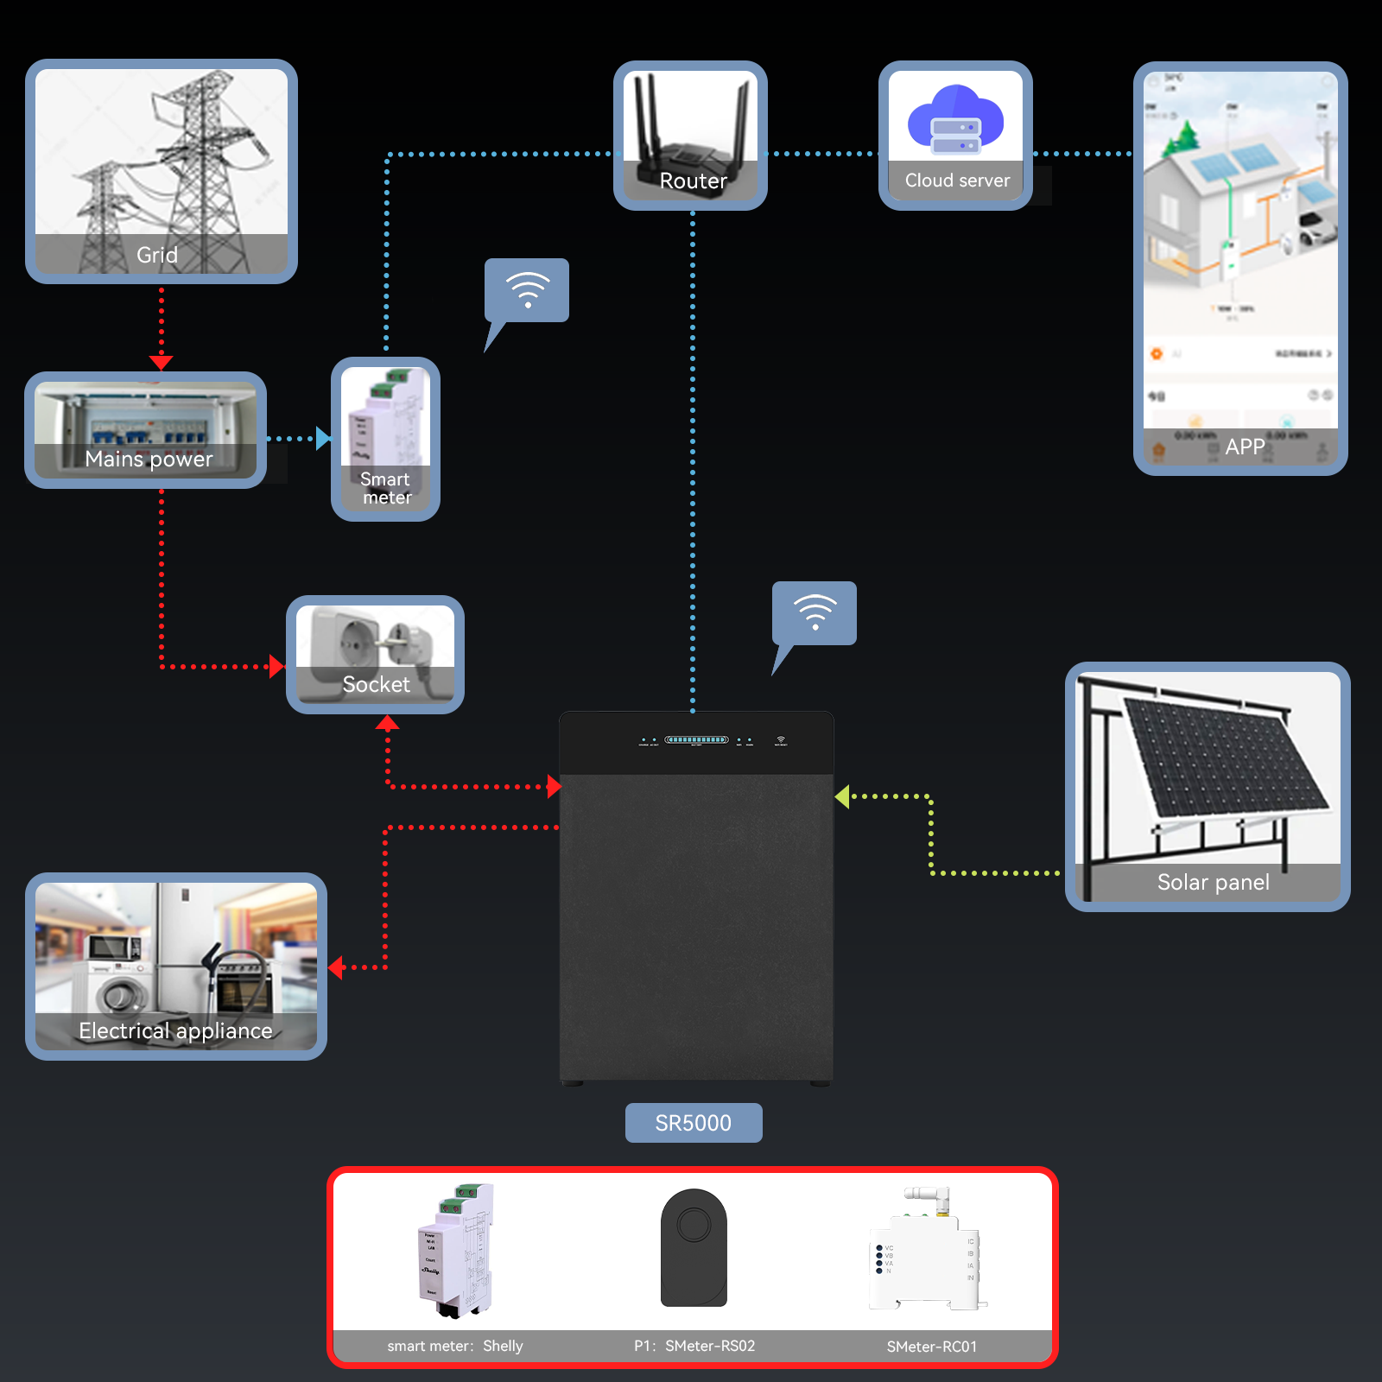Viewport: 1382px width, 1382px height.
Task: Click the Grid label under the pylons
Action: pyautogui.click(x=157, y=255)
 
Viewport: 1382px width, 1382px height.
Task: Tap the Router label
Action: pyautogui.click(x=693, y=181)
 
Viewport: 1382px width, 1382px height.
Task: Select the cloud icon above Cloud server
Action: pyautogui.click(x=955, y=120)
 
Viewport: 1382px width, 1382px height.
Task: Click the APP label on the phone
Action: pyautogui.click(x=1245, y=447)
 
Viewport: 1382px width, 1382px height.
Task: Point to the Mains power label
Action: pyautogui.click(x=149, y=459)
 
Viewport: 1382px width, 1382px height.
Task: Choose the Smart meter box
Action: pyautogui.click(x=385, y=439)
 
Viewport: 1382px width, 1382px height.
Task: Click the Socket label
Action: pyautogui.click(x=376, y=684)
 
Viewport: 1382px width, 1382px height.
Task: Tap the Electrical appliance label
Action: pyautogui.click(x=175, y=1030)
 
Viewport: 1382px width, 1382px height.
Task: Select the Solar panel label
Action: pyautogui.click(x=1213, y=882)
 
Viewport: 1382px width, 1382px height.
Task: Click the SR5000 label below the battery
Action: pyautogui.click(x=694, y=1123)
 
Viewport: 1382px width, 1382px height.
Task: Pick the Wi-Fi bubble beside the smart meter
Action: pyautogui.click(x=527, y=291)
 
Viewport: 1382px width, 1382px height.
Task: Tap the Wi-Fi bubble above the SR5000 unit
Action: pyautogui.click(x=815, y=613)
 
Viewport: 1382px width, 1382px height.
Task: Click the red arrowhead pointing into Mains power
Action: pyautogui.click(x=162, y=362)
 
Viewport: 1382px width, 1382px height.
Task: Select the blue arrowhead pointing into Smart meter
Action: pyautogui.click(x=323, y=439)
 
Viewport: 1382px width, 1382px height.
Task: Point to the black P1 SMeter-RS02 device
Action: pyautogui.click(x=694, y=1247)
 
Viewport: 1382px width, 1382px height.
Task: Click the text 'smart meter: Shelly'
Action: pyautogui.click(x=455, y=1346)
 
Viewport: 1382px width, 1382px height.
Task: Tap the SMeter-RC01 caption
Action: pyautogui.click(x=932, y=1347)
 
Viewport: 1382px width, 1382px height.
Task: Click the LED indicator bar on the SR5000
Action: pyautogui.click(x=696, y=740)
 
